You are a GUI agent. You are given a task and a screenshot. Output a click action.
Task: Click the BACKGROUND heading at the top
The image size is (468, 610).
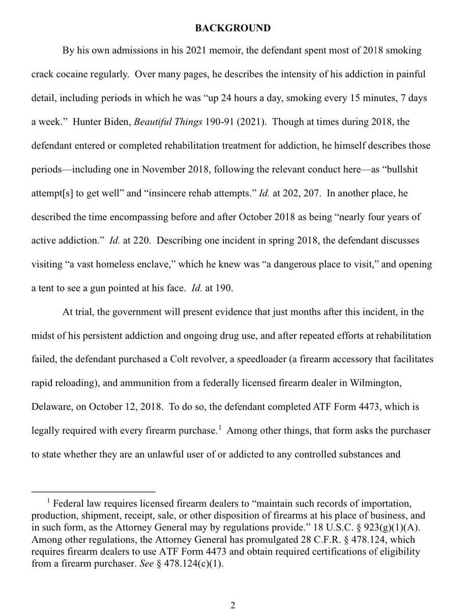(233, 29)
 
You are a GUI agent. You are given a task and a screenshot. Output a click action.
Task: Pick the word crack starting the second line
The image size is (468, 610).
(42, 75)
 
